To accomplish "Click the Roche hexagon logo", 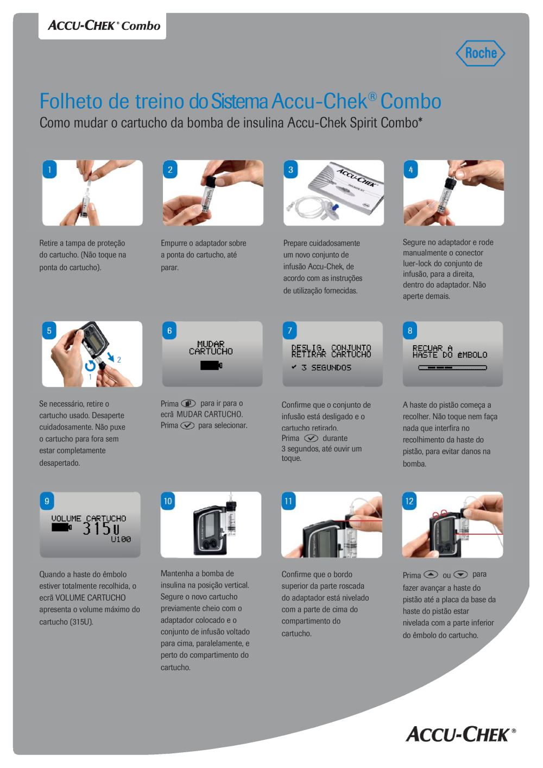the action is point(481,53).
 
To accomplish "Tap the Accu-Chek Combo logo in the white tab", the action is point(104,26).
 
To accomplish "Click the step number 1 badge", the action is point(49,170).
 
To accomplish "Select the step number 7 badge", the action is point(290,330).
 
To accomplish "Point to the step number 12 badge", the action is point(409,501).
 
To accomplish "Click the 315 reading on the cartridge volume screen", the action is point(97,528).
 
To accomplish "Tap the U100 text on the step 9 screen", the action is point(121,539).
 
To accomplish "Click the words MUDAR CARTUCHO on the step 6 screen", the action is point(211,348).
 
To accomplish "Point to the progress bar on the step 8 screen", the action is point(452,367).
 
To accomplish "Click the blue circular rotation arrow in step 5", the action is point(90,366).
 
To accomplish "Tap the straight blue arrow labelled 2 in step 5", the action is point(111,357).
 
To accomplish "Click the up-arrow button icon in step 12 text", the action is point(431,575).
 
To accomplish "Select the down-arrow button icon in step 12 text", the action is point(460,575).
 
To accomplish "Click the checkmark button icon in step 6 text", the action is point(187,426).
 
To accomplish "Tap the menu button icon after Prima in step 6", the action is point(188,403).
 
